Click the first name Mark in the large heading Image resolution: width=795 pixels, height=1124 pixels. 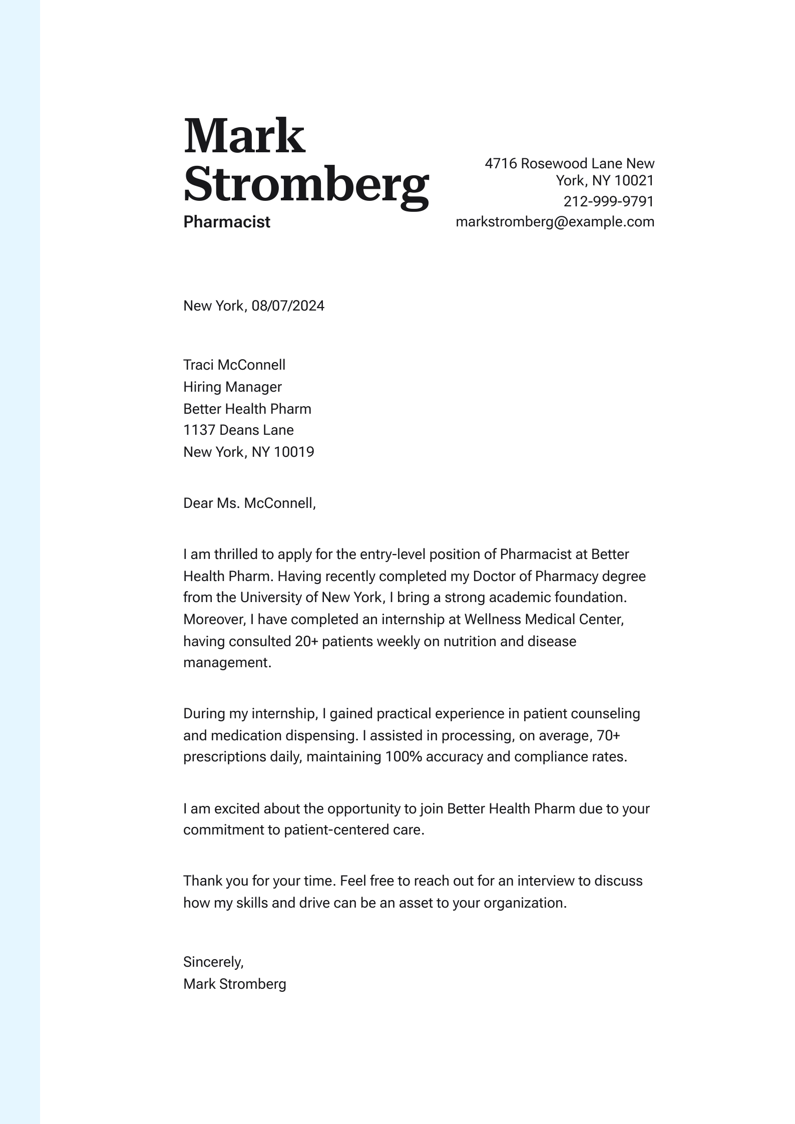tap(244, 136)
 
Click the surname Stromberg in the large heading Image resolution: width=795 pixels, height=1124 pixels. tap(306, 183)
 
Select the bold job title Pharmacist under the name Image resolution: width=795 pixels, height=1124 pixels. tap(226, 222)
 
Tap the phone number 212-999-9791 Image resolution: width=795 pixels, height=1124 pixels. tap(608, 201)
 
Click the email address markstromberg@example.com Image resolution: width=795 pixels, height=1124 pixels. tap(555, 222)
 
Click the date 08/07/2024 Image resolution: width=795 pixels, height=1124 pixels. tap(288, 306)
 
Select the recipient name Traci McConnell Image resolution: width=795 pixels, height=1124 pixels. tap(234, 365)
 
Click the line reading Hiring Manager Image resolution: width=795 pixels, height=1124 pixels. tap(232, 387)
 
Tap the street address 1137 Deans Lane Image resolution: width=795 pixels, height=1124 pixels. tap(238, 430)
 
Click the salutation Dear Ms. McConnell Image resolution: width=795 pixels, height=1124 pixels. tap(249, 503)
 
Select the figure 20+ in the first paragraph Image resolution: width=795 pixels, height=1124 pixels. tap(306, 641)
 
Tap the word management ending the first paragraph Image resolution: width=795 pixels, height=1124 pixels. tap(226, 663)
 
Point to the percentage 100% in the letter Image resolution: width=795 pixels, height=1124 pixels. tap(404, 756)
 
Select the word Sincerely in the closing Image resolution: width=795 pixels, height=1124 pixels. tap(212, 962)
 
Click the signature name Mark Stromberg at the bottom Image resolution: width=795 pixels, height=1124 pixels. tap(234, 984)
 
